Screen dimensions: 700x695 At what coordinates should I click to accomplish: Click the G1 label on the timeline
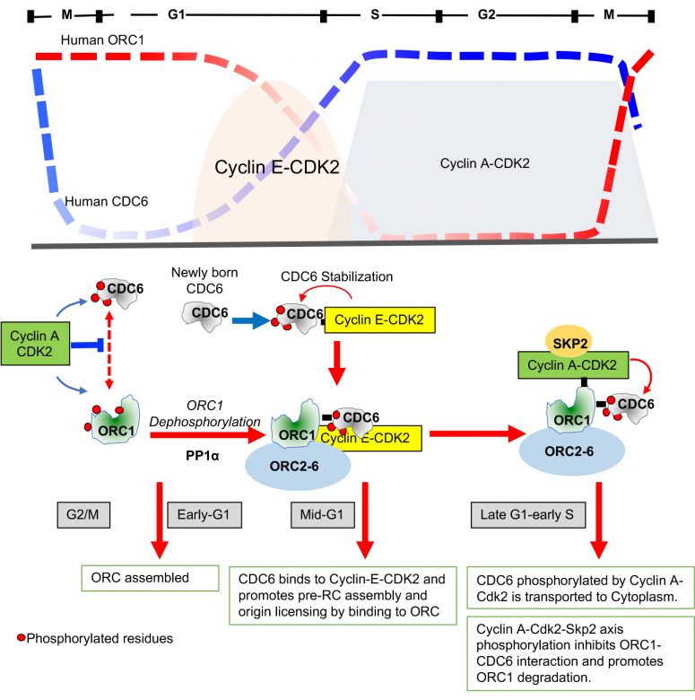[177, 15]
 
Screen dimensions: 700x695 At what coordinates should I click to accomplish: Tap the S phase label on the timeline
[374, 15]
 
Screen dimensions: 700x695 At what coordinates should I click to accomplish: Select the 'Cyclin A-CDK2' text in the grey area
[485, 163]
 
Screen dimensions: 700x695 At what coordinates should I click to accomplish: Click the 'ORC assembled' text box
[150, 578]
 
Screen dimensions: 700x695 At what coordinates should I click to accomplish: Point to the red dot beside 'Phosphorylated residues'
[21, 637]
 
